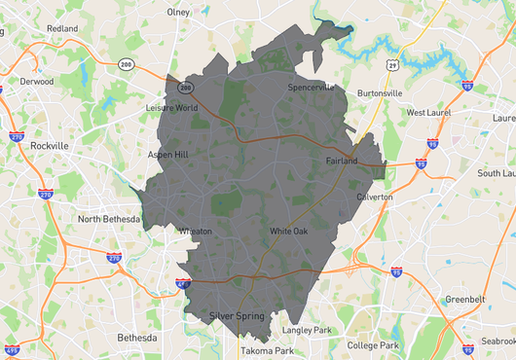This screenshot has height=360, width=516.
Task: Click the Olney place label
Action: tap(178, 13)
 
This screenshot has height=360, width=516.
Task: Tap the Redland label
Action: tap(61, 29)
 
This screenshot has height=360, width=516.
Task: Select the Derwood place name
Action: tap(37, 82)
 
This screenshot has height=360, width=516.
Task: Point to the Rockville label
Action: tap(50, 145)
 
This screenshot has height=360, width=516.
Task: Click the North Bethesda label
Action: tap(109, 219)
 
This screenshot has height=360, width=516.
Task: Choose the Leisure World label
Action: tap(171, 107)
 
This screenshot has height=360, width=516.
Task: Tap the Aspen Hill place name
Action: tap(166, 154)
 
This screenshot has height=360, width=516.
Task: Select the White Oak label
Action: tap(288, 231)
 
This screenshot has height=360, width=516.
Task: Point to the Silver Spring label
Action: tap(237, 316)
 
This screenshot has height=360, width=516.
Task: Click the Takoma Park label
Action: tap(267, 350)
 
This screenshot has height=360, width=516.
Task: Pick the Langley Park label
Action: tap(307, 331)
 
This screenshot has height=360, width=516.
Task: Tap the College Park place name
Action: tap(374, 345)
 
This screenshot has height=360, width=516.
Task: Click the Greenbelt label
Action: tap(464, 299)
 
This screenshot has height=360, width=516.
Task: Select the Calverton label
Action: tap(375, 197)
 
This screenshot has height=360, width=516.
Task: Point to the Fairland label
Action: tap(342, 161)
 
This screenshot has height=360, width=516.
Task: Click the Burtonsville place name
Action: tap(379, 93)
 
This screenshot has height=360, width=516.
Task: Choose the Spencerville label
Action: tap(311, 87)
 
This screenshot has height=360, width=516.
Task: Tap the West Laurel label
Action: tap(429, 113)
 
